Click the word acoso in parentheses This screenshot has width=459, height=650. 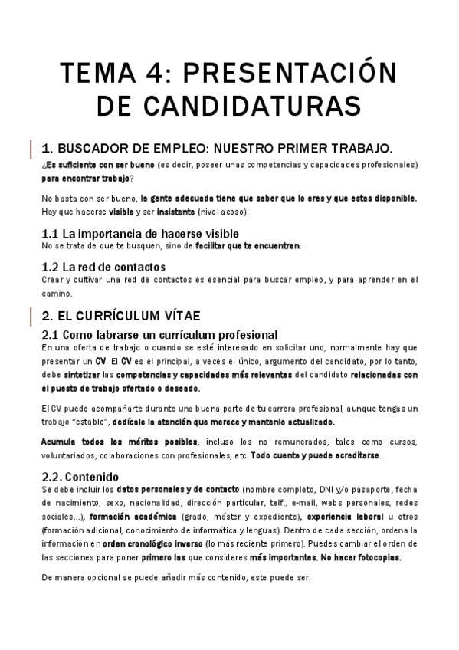click(x=244, y=211)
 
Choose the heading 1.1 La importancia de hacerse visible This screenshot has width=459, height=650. click(x=140, y=233)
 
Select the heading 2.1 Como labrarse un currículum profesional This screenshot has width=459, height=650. click(x=159, y=335)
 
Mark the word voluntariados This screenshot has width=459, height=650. click(x=73, y=455)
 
